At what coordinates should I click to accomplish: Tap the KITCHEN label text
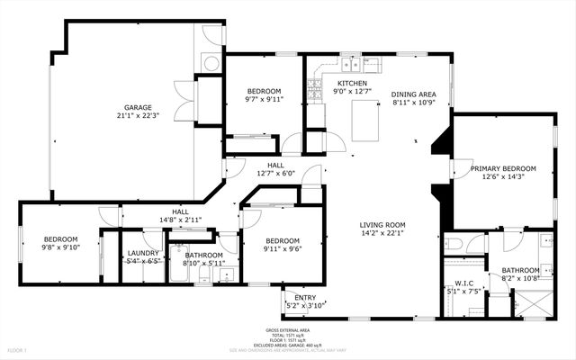(x=351, y=82)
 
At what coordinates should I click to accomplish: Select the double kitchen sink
(x=348, y=64)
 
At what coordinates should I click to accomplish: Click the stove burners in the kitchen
(x=315, y=90)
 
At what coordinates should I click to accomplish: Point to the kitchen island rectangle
(x=364, y=121)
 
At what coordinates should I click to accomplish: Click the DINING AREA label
(x=413, y=94)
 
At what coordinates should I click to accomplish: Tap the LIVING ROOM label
(x=383, y=225)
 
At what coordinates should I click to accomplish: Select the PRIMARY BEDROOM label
(x=503, y=168)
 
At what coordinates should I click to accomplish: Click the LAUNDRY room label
(x=143, y=253)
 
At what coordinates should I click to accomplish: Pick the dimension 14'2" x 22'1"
(x=383, y=234)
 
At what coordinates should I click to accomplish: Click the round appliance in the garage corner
(x=209, y=64)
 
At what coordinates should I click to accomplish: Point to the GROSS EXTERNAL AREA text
(x=288, y=329)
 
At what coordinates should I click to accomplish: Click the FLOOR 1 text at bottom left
(x=18, y=349)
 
